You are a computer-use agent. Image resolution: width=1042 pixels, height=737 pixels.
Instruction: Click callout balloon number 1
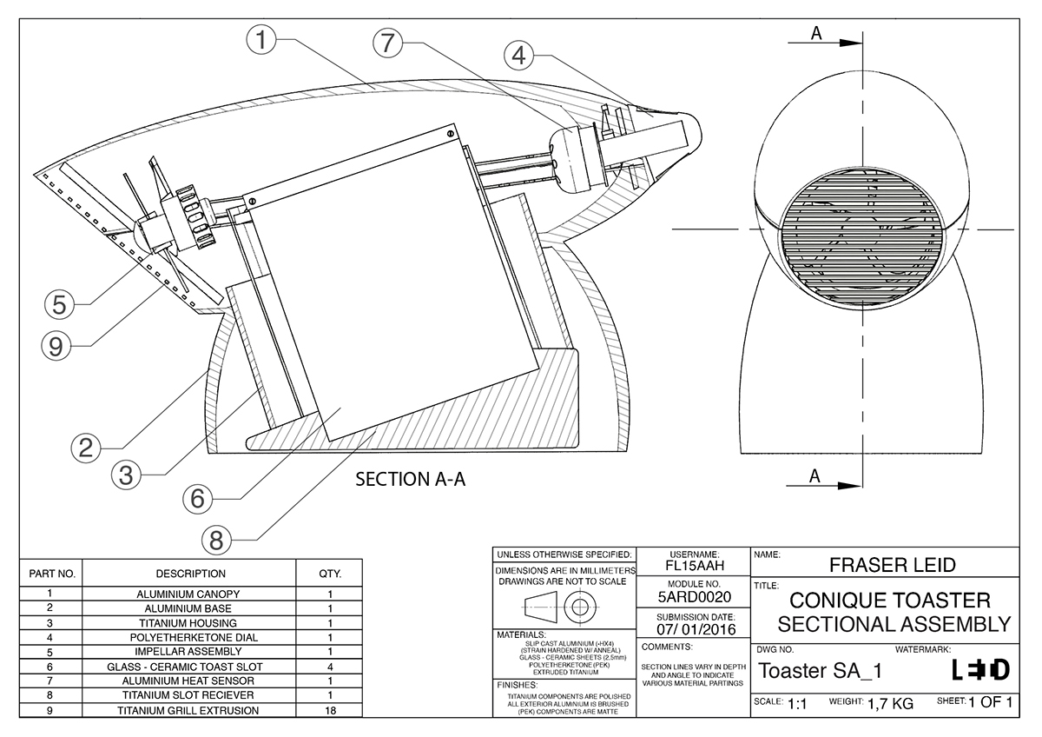pyautogui.click(x=261, y=40)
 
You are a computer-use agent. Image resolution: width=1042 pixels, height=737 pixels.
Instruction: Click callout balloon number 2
pyautogui.click(x=85, y=448)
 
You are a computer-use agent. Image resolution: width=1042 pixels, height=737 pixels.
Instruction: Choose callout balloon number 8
pyautogui.click(x=216, y=540)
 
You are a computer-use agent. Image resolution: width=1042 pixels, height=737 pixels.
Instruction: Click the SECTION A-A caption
pyautogui.click(x=411, y=480)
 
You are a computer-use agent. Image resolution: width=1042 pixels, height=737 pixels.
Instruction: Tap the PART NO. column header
pyautogui.click(x=52, y=574)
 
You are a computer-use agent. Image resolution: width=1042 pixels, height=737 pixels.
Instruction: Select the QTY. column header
pyautogui.click(x=330, y=574)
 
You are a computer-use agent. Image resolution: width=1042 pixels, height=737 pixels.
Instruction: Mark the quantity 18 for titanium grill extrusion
pyautogui.click(x=330, y=710)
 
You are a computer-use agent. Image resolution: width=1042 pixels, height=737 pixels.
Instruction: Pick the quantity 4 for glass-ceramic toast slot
pyautogui.click(x=330, y=666)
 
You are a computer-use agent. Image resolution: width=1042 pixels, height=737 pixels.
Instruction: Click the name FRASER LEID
pyautogui.click(x=893, y=566)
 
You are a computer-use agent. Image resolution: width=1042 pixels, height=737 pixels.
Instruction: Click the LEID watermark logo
pyautogui.click(x=981, y=670)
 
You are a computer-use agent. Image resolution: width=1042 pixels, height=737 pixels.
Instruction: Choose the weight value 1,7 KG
pyautogui.click(x=889, y=703)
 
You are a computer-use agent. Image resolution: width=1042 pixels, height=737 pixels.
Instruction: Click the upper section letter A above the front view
pyautogui.click(x=815, y=33)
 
